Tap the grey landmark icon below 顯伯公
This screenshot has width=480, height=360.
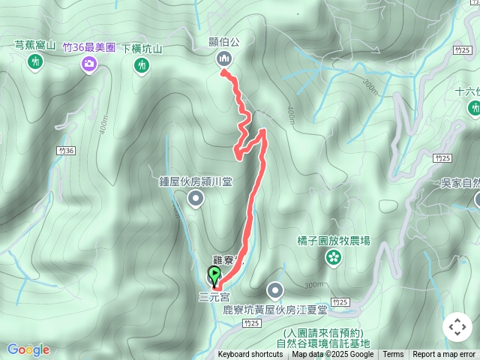(x=223, y=59)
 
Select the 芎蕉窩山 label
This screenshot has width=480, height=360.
(x=35, y=46)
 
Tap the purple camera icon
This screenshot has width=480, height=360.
(x=89, y=64)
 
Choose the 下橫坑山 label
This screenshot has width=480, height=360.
(x=142, y=49)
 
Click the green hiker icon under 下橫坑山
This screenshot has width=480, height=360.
(x=142, y=66)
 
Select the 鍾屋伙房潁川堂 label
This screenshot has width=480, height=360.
(x=196, y=181)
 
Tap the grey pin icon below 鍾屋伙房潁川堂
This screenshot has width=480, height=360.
(x=196, y=199)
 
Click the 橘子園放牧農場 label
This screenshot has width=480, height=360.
(x=333, y=241)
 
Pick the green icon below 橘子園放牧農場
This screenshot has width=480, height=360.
(x=332, y=258)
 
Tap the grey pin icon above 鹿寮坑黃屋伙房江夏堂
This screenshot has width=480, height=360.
(x=275, y=290)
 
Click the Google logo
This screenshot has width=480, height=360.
(x=28, y=349)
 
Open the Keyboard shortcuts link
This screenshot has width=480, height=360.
(x=251, y=355)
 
